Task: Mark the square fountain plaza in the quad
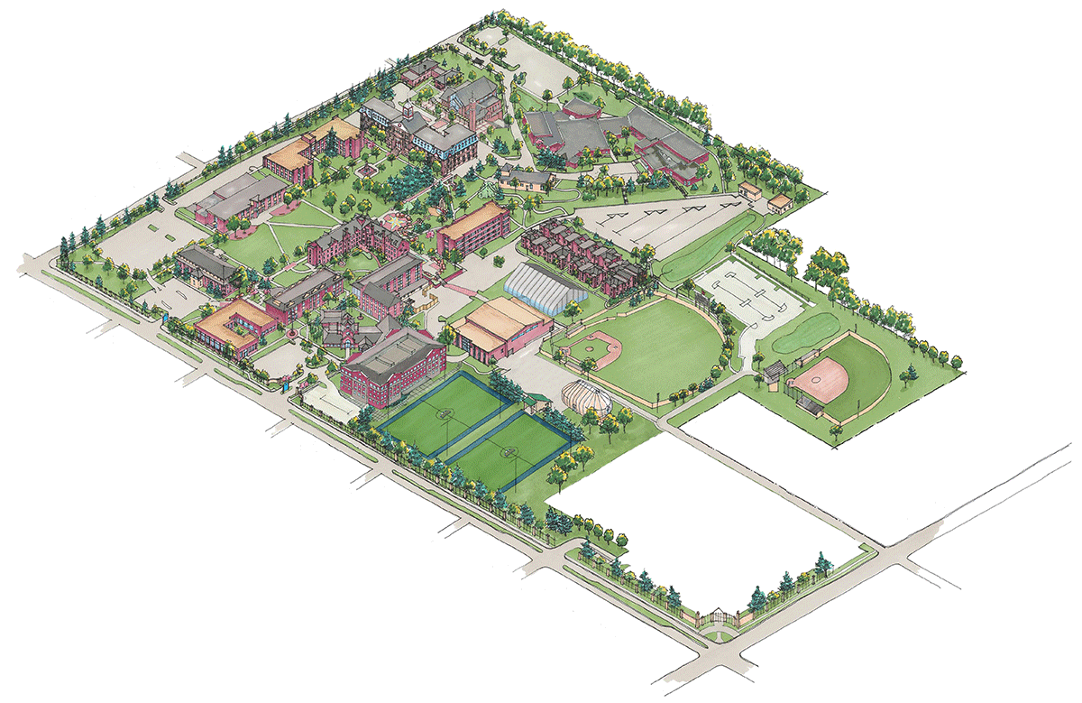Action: click(366, 170)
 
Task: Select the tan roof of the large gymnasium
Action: click(498, 321)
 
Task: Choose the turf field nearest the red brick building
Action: click(442, 412)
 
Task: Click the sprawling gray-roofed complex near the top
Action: click(604, 135)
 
